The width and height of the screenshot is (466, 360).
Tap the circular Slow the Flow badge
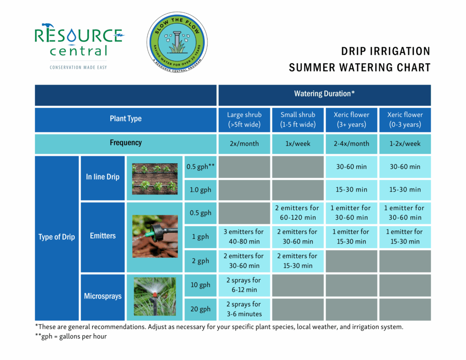click(177, 44)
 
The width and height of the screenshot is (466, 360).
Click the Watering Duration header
click(324, 94)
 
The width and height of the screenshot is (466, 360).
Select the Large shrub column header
click(244, 120)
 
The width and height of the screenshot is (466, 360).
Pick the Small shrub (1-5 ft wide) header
click(298, 120)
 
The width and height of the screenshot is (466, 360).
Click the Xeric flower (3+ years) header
click(351, 120)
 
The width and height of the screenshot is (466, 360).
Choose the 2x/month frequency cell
click(244, 143)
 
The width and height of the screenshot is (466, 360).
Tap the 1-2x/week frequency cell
click(405, 143)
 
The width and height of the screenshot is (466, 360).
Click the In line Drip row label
click(103, 177)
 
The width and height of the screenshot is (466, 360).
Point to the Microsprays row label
click(103, 296)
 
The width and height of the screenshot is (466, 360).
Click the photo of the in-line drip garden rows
click(155, 178)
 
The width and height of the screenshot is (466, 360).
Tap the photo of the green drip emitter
click(155, 236)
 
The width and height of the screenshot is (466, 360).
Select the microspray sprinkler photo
click(155, 297)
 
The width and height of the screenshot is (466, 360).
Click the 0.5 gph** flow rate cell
click(200, 167)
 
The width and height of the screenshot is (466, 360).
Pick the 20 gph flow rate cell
click(200, 309)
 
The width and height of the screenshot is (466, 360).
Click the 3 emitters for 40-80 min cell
click(244, 236)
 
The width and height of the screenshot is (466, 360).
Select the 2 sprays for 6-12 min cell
click(244, 285)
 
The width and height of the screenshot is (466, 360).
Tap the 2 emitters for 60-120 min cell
click(298, 213)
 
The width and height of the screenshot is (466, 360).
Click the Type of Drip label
click(57, 237)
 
